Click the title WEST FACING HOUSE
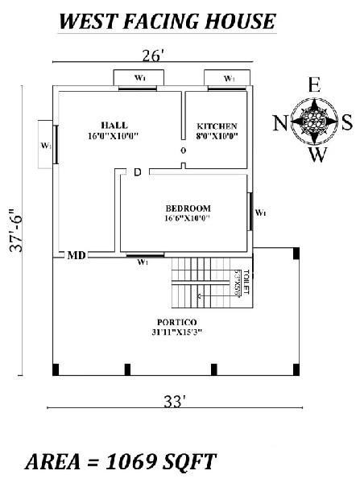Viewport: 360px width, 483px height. [x=167, y=22]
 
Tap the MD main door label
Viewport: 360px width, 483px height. [x=77, y=256]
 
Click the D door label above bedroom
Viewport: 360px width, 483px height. [x=138, y=172]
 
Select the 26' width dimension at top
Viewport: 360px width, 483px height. [x=152, y=57]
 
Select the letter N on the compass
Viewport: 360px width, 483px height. [x=279, y=122]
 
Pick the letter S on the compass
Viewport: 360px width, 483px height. [x=346, y=122]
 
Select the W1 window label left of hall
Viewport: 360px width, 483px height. [x=45, y=146]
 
